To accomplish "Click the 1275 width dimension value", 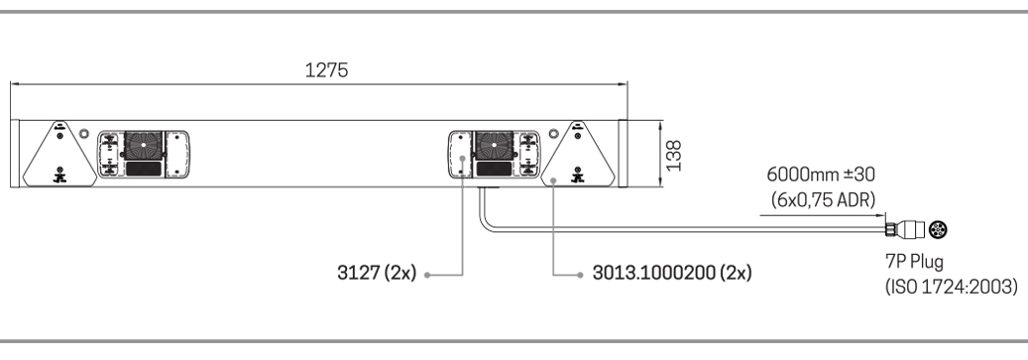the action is pos(326,70).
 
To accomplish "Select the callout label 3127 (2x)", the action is pos(377,273).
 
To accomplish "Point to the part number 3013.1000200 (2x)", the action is pos(672,273).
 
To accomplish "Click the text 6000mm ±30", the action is pos(821,175).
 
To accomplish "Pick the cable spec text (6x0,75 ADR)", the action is pos(824,200).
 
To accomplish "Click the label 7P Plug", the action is pos(915,262).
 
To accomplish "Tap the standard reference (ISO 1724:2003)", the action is pos(952,287).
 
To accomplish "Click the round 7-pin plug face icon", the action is pos(938,230).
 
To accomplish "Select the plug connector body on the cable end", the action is pos(905,230).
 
